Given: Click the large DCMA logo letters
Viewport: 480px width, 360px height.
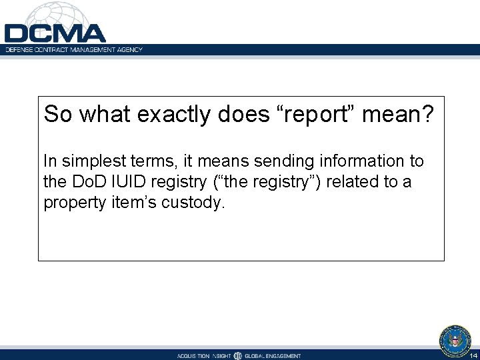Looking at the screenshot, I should pyautogui.click(x=55, y=33).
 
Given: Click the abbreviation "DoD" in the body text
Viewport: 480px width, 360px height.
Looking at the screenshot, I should pyautogui.click(x=84, y=182).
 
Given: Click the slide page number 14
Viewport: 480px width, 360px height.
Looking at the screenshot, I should pyautogui.click(x=473, y=355).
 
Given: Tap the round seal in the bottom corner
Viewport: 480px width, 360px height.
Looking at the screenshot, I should pyautogui.click(x=455, y=341).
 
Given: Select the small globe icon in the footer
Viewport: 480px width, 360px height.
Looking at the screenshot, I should pyautogui.click(x=238, y=355).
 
